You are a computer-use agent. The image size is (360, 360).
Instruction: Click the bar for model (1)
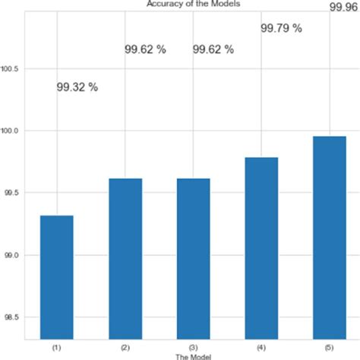point(57,277)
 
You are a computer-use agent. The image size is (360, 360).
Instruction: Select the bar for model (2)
point(125,258)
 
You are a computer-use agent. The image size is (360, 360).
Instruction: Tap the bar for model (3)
point(194,258)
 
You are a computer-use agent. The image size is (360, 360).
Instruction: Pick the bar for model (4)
point(262,248)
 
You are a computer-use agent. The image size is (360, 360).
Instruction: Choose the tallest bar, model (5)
point(330,237)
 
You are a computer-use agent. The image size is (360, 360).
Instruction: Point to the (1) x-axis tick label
point(57,347)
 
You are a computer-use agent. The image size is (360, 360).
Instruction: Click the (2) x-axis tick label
point(125,347)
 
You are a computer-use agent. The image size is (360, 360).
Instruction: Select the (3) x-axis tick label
point(194,347)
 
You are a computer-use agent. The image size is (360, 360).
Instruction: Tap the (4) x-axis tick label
point(262,347)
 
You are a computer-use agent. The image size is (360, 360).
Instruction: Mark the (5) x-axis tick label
point(330,347)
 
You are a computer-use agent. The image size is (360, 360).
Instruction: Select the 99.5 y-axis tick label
point(12,194)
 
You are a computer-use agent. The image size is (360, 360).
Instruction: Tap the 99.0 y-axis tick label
point(12,256)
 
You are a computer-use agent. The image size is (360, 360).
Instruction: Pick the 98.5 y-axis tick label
point(12,317)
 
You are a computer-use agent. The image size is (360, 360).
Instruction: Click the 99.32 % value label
point(77,87)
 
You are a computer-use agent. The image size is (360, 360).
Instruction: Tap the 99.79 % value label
point(281,29)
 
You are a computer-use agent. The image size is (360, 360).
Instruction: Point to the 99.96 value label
point(344,7)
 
